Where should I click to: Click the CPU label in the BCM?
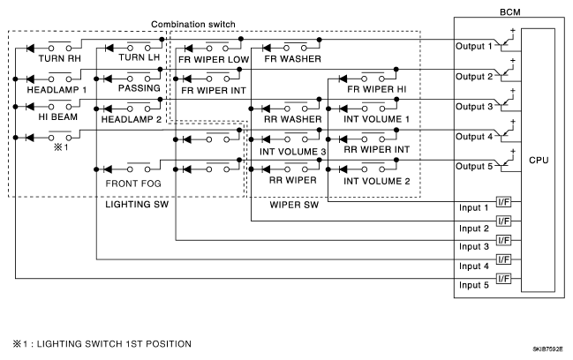pyautogui.click(x=539, y=161)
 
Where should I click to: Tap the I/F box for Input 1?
pyautogui.click(x=503, y=202)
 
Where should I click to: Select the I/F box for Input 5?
pyautogui.click(x=503, y=279)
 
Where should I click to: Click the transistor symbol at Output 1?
pyautogui.click(x=506, y=42)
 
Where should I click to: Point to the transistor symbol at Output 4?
pyautogui.click(x=506, y=133)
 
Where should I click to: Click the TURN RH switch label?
pyautogui.click(x=59, y=58)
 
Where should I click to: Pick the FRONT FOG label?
pyautogui.click(x=133, y=184)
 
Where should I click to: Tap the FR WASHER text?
pyautogui.click(x=293, y=59)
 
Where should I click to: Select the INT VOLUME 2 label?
pyautogui.click(x=376, y=181)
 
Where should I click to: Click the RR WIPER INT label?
pyautogui.click(x=376, y=149)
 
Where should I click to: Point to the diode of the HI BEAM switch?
pyautogui.click(x=30, y=107)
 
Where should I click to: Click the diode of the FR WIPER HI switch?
pyautogui.click(x=343, y=79)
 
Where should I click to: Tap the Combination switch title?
pyautogui.click(x=193, y=25)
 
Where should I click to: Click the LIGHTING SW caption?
pyautogui.click(x=137, y=204)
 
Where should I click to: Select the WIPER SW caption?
pyautogui.click(x=294, y=205)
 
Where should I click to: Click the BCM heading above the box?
pyautogui.click(x=509, y=12)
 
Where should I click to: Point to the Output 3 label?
pyautogui.click(x=474, y=106)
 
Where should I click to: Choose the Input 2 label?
pyautogui.click(x=474, y=229)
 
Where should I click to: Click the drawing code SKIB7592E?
pyautogui.click(x=547, y=349)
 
